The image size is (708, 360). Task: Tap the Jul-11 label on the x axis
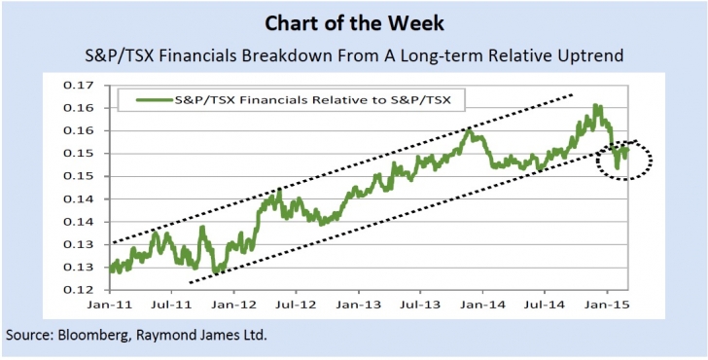[x=172, y=305]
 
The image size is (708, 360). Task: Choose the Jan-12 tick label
[x=234, y=305]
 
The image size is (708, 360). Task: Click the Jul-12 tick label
[x=297, y=305]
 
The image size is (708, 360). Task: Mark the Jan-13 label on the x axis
[x=359, y=305]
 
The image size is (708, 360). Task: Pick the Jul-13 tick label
[x=420, y=305]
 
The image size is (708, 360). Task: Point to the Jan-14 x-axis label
[x=482, y=305]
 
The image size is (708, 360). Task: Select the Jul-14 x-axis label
[x=544, y=305]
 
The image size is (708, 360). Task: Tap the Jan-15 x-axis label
[x=607, y=305]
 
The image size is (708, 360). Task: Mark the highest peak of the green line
[x=595, y=106]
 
